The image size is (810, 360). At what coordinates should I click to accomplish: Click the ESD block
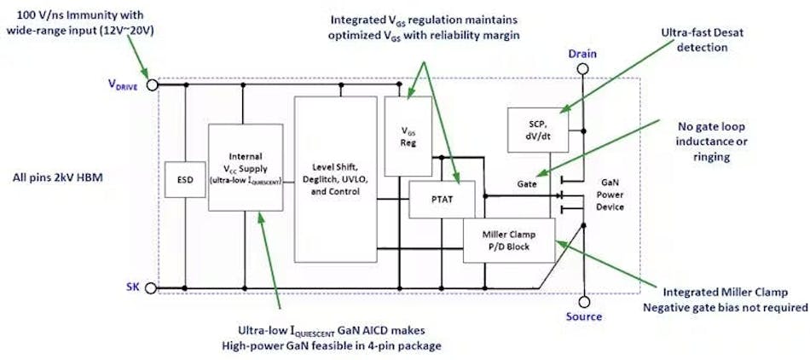[180, 180]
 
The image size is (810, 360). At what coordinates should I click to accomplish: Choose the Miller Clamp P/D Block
[508, 240]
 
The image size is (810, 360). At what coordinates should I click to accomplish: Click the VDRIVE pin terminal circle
[152, 84]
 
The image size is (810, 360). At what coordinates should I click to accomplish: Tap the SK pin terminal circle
[152, 288]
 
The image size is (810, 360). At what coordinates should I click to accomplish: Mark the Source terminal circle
[584, 300]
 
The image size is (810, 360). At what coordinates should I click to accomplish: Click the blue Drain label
[584, 55]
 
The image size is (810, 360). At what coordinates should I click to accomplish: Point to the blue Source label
[584, 317]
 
